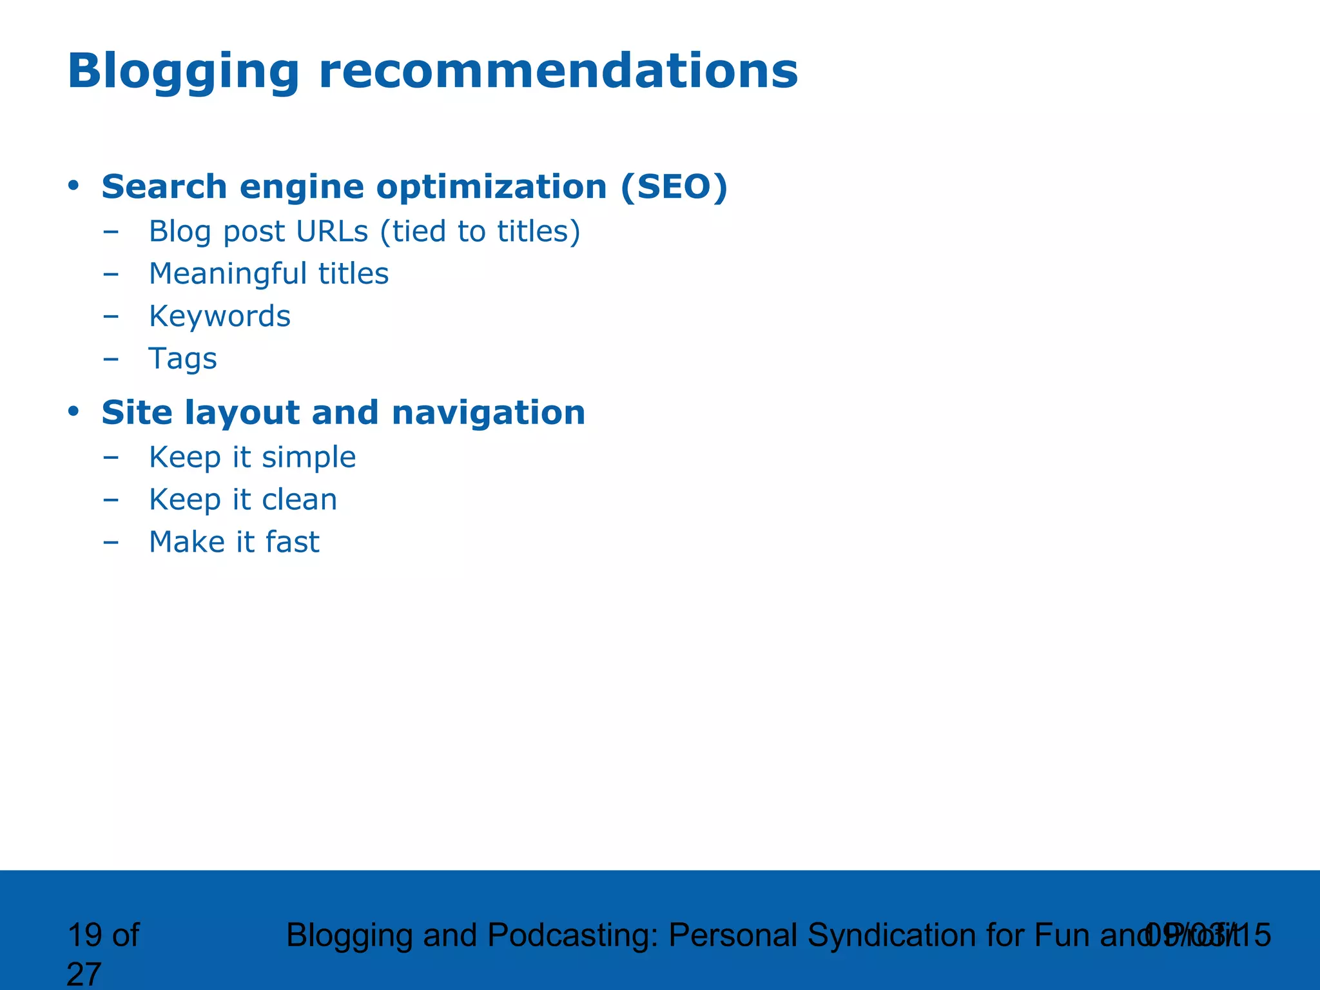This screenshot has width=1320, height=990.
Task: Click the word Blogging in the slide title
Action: pos(183,72)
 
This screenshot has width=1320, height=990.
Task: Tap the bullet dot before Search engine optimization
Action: pos(73,186)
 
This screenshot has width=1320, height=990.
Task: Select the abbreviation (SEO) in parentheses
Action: pos(674,188)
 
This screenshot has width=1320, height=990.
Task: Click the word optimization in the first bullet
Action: pos(491,188)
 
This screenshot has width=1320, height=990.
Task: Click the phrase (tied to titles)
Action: pos(480,231)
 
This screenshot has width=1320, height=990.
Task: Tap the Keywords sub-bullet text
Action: pos(220,316)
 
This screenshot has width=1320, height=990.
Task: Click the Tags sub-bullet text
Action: pos(182,359)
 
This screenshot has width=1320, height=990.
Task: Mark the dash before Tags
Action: pos(111,359)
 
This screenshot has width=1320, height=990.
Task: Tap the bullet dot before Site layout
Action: pos(73,411)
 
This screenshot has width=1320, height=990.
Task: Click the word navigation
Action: pos(488,413)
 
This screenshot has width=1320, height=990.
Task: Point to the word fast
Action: pos(292,542)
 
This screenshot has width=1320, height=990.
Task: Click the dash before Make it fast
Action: pos(111,542)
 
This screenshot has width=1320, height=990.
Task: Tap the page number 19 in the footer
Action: pos(85,935)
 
